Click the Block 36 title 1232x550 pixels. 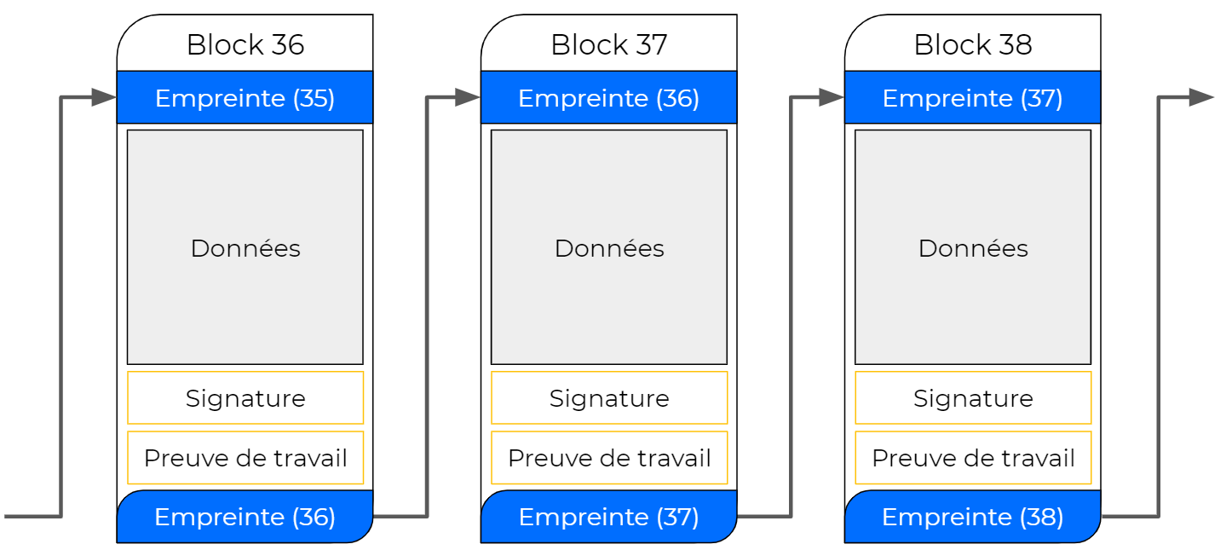[245, 44]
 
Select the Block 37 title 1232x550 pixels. [609, 44]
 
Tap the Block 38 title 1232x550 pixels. [973, 44]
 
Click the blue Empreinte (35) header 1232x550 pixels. [245, 98]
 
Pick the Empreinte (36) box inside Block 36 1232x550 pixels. [245, 517]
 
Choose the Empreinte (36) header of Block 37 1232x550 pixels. [609, 98]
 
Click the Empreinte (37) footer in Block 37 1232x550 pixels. [609, 517]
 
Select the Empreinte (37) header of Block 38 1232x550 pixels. [973, 98]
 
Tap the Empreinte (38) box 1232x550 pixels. [973, 517]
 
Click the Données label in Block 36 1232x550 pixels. [245, 248]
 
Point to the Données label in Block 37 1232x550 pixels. [609, 248]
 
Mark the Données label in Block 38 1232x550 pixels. [973, 248]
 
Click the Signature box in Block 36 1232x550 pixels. [245, 398]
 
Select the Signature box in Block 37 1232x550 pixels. [609, 398]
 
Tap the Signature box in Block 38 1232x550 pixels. [973, 398]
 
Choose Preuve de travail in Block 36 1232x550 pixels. [245, 459]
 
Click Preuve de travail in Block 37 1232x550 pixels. [609, 459]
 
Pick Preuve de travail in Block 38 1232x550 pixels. [973, 459]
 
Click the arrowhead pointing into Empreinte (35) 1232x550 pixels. [104, 98]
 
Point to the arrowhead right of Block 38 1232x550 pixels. [1200, 98]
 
